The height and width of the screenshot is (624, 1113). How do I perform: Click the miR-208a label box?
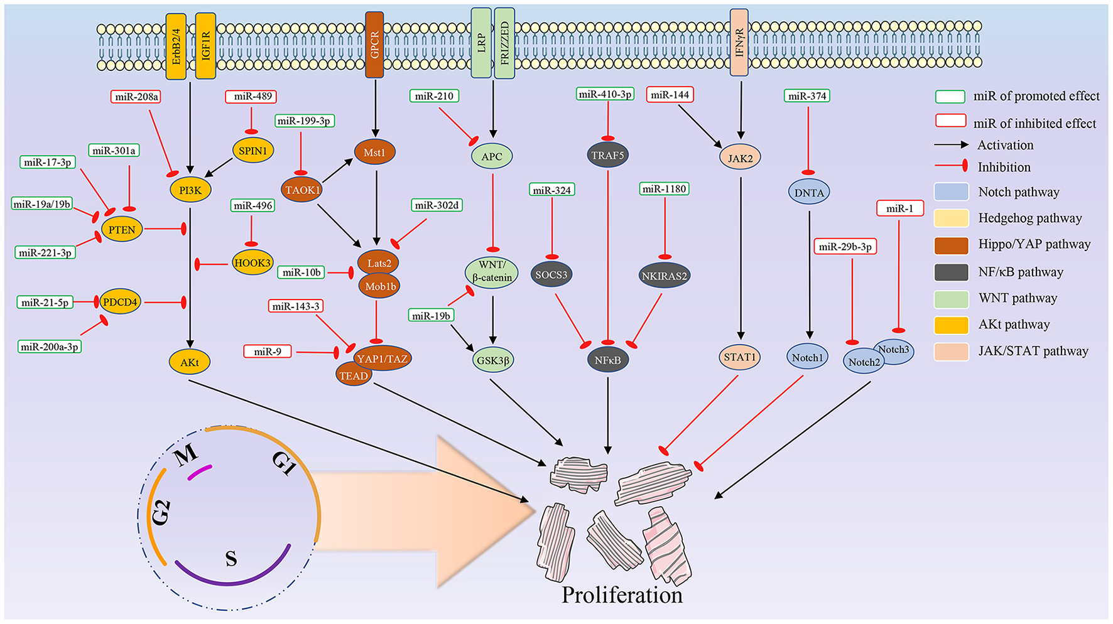coord(136,97)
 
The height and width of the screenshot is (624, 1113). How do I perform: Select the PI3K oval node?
coord(190,190)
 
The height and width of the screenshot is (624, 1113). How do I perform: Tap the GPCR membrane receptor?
coord(375,44)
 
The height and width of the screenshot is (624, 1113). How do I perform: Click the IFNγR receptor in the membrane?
coord(739,43)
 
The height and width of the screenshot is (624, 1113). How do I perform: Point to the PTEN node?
coord(122,230)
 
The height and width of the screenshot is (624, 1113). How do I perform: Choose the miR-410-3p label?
coord(605,94)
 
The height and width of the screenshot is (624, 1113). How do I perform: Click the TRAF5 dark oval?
coord(607,155)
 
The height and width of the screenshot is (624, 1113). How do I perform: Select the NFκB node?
coord(607,360)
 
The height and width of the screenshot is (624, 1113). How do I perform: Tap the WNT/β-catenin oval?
coord(492,271)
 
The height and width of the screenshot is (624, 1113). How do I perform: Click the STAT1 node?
coord(739,357)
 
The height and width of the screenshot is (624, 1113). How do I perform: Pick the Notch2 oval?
coord(863,362)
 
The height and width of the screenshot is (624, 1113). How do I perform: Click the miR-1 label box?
coord(899,208)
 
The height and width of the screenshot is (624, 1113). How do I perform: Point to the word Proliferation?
coord(622,595)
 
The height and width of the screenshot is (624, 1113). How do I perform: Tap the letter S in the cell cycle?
coord(231,558)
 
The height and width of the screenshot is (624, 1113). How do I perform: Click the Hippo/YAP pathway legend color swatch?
coord(951,245)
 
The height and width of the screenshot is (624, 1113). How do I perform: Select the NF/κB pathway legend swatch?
coord(951,272)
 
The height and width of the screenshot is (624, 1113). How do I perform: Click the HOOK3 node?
coord(252,263)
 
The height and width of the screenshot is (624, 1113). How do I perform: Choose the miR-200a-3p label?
coord(50,347)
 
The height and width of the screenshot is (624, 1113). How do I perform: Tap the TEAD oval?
coord(354,375)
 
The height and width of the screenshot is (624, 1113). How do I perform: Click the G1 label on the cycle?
coord(284,463)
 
